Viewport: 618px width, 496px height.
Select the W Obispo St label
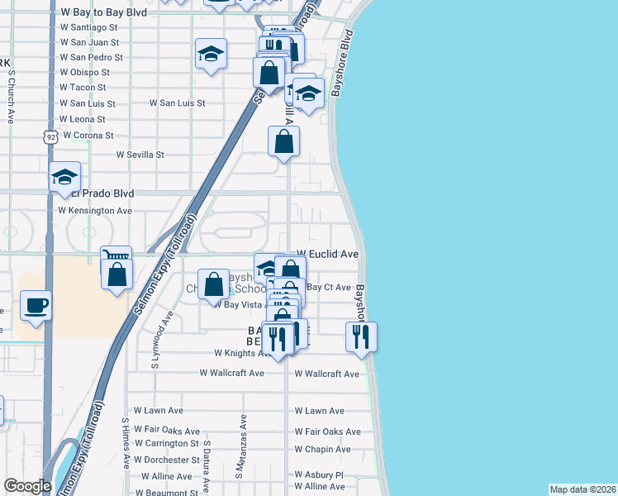(x=85, y=73)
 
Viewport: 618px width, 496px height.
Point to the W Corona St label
(x=88, y=135)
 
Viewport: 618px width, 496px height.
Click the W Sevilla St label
(x=140, y=155)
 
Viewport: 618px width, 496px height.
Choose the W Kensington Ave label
(x=95, y=211)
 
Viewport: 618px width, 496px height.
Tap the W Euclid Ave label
(x=327, y=254)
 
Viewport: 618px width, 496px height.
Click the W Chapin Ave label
(x=323, y=450)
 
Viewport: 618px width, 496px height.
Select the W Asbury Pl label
(x=319, y=475)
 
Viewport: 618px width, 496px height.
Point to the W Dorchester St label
(x=166, y=460)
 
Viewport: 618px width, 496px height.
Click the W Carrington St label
(x=166, y=444)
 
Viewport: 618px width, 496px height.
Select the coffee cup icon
(x=36, y=305)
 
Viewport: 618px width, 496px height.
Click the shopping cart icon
(x=116, y=256)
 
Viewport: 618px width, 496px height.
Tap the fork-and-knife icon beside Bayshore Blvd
(x=361, y=336)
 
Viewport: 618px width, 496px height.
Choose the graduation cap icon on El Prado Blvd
(x=64, y=176)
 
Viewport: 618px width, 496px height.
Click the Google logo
(x=27, y=486)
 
